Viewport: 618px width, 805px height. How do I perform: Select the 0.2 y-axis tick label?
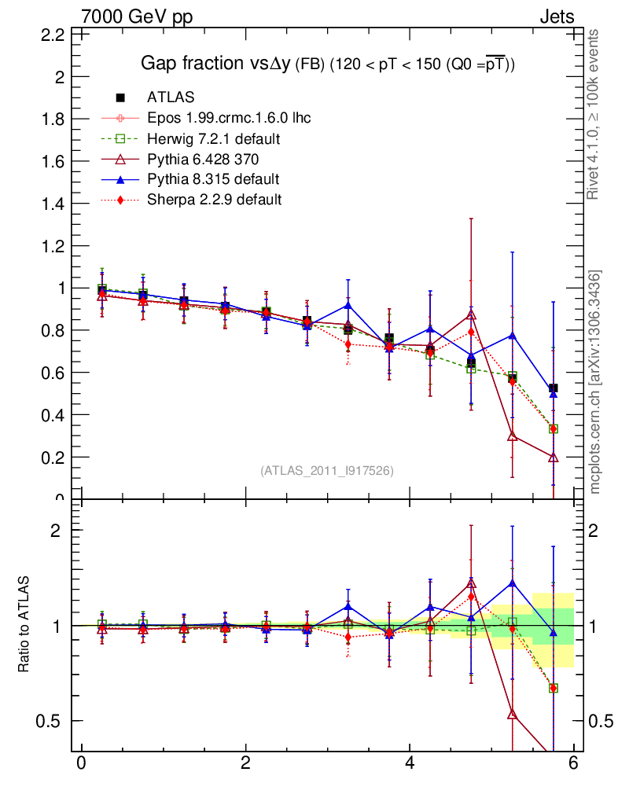click(53, 457)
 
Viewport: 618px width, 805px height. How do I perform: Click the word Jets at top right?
click(556, 17)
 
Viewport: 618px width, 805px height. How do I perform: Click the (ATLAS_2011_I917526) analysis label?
click(327, 470)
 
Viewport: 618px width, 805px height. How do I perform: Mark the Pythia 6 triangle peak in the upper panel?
click(471, 314)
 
